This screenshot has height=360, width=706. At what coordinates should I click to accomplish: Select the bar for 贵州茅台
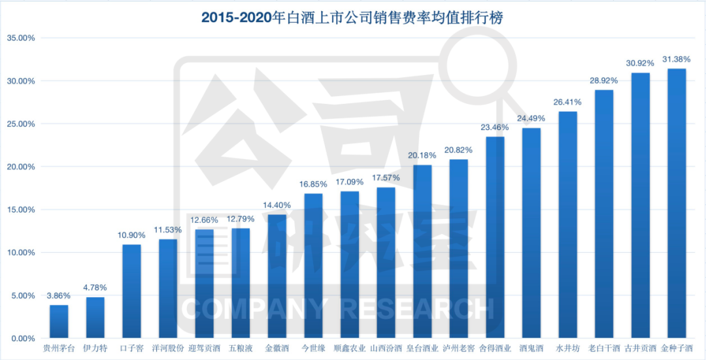[x=59, y=321]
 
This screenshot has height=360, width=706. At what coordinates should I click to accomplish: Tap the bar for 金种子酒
[x=677, y=203]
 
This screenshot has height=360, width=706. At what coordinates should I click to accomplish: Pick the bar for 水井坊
[x=568, y=225]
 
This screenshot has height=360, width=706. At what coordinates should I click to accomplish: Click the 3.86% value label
[x=59, y=295]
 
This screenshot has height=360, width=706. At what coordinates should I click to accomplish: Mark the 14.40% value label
[x=277, y=205]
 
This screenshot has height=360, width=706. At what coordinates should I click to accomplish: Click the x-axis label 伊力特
[x=95, y=349]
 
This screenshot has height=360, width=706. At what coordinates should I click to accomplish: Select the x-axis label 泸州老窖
[x=459, y=349]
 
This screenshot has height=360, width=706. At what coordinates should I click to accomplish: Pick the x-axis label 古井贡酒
[x=641, y=349]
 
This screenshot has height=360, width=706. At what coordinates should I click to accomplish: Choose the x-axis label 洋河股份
[x=168, y=349]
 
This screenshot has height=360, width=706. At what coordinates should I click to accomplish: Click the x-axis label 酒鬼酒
[x=531, y=349]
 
